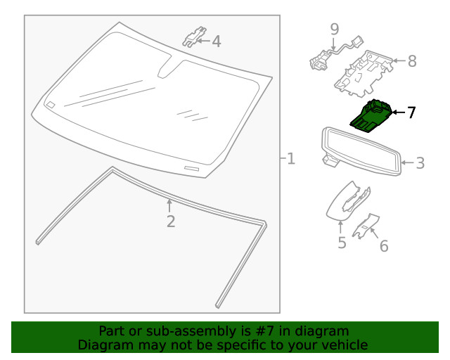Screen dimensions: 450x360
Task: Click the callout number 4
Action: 217,41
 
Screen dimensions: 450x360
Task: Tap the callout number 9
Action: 335,29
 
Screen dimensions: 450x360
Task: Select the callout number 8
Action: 412,61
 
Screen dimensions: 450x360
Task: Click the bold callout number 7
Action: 411,112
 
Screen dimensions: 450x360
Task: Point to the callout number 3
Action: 420,163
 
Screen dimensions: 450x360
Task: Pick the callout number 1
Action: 291,159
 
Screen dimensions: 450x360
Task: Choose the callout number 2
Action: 171,221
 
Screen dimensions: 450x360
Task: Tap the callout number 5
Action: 342,243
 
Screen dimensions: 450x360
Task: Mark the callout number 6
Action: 384,246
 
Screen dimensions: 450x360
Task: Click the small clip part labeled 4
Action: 194,37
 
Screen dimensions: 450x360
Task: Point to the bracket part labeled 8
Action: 364,74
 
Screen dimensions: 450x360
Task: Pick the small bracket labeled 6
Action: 366,226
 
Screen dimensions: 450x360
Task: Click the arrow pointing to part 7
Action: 399,112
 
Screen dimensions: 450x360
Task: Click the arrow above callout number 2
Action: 169,206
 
